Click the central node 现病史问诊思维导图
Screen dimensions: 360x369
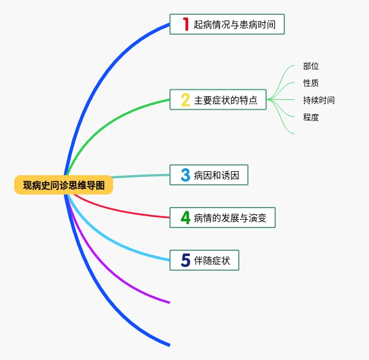(64, 185)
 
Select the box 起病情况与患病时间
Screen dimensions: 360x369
(227, 24)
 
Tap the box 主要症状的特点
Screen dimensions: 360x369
(218, 100)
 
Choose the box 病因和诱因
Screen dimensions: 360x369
(209, 175)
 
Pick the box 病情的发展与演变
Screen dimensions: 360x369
(222, 217)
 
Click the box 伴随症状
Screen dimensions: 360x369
(204, 260)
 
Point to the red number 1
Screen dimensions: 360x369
(185, 24)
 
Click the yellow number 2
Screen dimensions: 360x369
(185, 100)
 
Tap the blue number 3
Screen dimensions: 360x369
(185, 175)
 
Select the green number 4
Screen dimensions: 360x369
(185, 217)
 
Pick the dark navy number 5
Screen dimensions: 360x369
(185, 260)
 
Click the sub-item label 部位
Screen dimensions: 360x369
(311, 66)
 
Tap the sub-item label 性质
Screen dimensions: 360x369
(311, 83)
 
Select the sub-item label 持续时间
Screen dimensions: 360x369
(319, 100)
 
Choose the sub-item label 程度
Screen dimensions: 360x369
(311, 117)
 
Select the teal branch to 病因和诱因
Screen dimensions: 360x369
(142, 176)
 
